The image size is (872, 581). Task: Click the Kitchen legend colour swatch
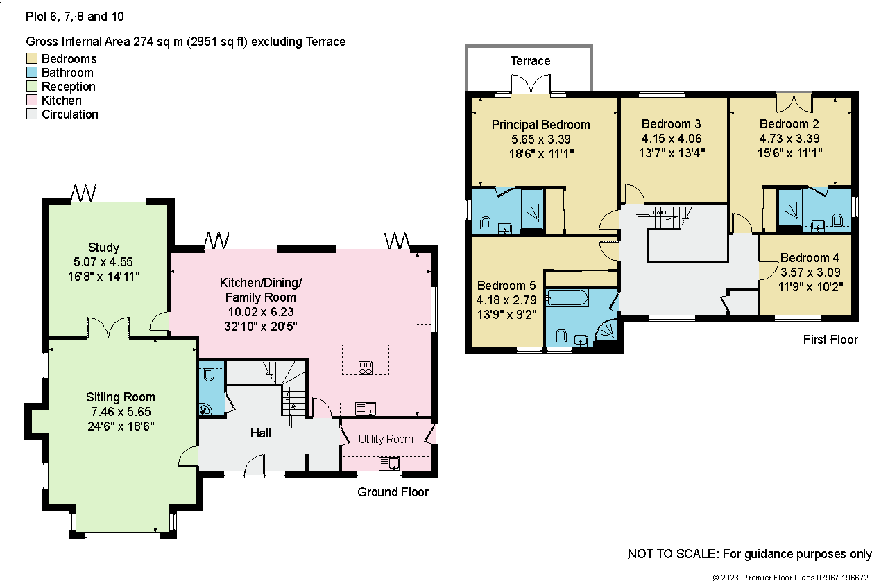tap(33, 101)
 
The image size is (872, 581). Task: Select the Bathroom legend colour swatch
tap(33, 73)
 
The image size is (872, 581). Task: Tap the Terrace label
tap(530, 61)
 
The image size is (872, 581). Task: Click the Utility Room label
tap(386, 439)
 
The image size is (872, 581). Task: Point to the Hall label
tap(260, 433)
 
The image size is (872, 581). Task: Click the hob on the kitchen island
tap(366, 367)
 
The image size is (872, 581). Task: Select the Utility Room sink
tap(389, 463)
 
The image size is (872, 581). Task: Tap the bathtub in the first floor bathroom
tap(567, 299)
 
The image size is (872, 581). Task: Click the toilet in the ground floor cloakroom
tap(210, 374)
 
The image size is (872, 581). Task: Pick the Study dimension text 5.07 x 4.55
tap(103, 262)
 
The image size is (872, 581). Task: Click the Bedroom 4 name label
tap(804, 258)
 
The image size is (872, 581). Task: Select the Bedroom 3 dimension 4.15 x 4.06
tap(671, 139)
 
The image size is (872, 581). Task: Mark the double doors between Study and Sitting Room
tap(108, 327)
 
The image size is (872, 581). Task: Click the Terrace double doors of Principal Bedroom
tap(531, 84)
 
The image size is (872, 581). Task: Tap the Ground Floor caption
tap(393, 492)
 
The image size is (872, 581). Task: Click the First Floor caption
tap(830, 340)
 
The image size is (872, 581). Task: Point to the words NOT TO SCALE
tap(672, 554)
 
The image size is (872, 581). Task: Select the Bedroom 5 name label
tap(506, 286)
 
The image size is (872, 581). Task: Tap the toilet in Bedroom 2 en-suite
tap(837, 222)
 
